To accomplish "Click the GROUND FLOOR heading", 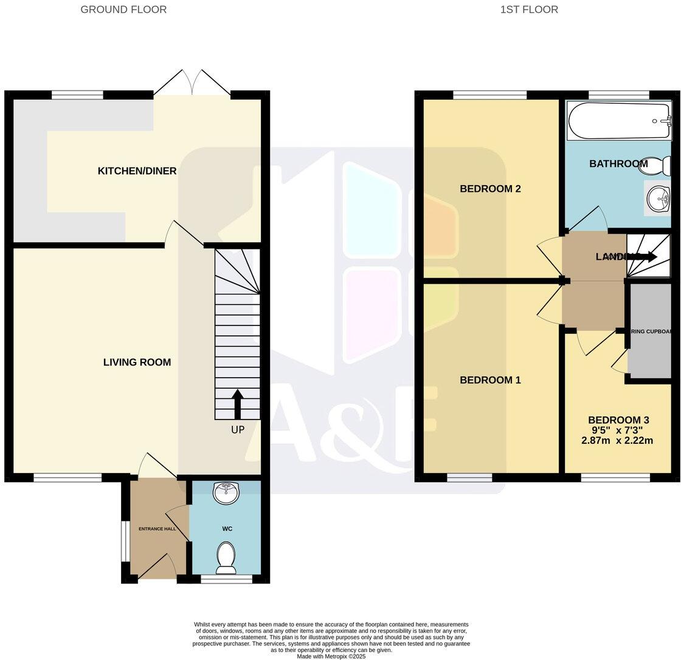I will (123, 9).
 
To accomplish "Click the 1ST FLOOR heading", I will (529, 9).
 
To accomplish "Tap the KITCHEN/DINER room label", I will (137, 171).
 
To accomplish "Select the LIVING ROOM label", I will (137, 362).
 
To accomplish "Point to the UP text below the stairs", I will (238, 430).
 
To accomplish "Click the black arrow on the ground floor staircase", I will (237, 404).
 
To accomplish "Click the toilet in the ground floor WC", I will (226, 557).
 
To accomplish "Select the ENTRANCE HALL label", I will (156, 529).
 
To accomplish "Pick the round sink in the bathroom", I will (657, 198).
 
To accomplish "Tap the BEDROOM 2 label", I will (490, 189).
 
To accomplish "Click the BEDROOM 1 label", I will (490, 380).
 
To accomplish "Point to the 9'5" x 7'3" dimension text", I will (618, 430).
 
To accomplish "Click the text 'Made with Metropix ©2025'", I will (331, 656).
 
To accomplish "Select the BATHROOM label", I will (618, 164).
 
